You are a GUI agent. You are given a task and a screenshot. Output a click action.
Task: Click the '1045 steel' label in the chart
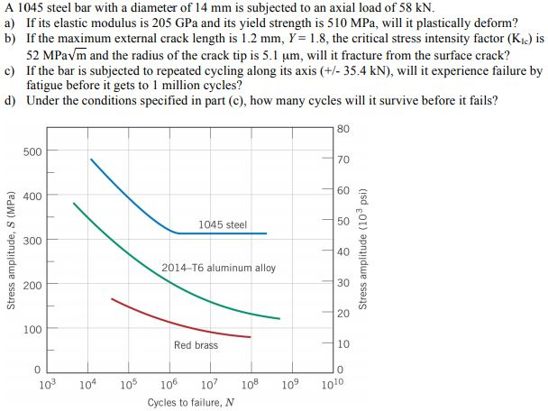coord(223,224)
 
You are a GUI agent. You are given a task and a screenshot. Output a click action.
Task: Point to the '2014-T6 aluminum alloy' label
coord(219,268)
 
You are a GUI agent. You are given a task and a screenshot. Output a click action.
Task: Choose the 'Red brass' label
coord(196,345)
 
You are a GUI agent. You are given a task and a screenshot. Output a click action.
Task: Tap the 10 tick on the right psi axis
coord(343,343)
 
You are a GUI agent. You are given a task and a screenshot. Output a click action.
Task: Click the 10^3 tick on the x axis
coord(50,386)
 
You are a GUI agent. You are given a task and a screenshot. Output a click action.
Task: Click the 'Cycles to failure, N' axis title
coord(191,402)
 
